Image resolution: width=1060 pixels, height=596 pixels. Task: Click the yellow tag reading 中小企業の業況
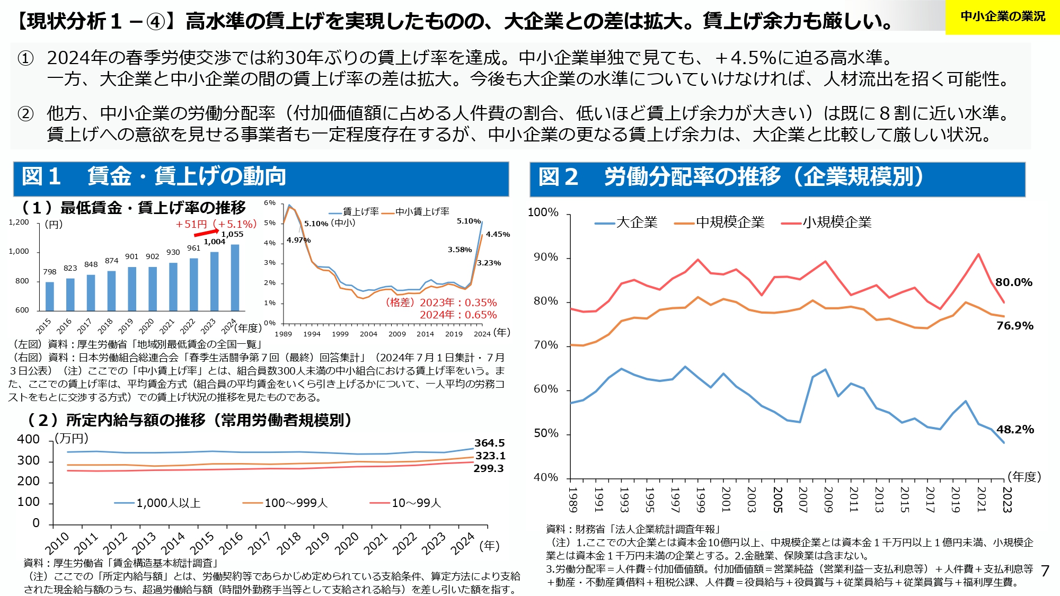tap(1002, 17)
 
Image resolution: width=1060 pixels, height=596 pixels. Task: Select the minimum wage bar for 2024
tap(235, 277)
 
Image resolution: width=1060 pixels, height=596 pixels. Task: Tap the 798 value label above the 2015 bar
tap(50, 272)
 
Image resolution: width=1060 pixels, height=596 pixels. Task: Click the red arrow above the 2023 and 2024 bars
tap(206, 233)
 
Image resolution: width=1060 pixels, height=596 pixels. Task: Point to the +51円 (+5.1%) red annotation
tap(216, 224)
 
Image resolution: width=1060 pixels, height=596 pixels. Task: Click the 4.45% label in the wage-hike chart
tap(498, 234)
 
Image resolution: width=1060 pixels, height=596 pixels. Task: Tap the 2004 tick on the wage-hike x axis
tap(368, 334)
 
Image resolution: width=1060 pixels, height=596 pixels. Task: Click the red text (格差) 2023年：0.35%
tap(441, 303)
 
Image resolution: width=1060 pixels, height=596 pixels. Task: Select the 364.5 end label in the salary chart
tap(489, 443)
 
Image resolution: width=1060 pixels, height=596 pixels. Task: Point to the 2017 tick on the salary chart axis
tap(259, 544)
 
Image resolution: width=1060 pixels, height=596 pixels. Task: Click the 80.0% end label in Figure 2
tap(1013, 282)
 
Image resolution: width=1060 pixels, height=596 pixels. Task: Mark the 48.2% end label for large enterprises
tap(1015, 429)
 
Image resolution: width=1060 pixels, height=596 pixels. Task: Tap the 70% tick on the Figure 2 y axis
tap(546, 345)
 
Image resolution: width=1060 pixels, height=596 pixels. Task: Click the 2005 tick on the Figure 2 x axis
tap(778, 500)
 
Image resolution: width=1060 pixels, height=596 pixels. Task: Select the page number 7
tap(1045, 571)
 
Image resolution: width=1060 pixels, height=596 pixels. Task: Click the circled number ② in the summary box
tap(25, 113)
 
